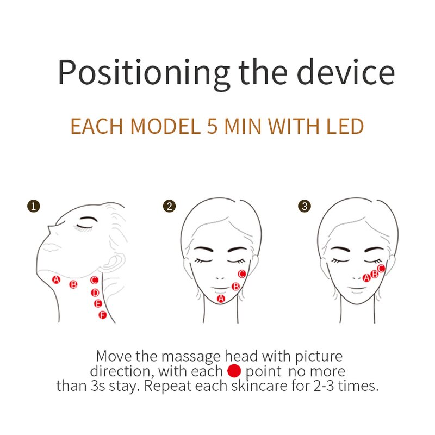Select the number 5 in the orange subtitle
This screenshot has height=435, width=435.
(x=212, y=126)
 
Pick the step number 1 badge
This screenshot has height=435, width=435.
(x=34, y=206)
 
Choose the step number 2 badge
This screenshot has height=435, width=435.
(x=170, y=206)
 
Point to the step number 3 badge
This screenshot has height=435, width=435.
(x=305, y=206)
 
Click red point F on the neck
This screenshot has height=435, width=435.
(x=102, y=315)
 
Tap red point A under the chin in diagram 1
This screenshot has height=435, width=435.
(x=55, y=279)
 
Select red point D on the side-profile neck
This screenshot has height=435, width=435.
(x=95, y=293)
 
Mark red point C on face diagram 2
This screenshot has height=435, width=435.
(x=242, y=274)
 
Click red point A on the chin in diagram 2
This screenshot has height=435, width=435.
(x=221, y=299)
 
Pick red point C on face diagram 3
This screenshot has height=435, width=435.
(x=381, y=268)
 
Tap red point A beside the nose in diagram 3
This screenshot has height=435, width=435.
(x=366, y=278)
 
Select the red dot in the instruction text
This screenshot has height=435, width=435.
(x=234, y=371)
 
